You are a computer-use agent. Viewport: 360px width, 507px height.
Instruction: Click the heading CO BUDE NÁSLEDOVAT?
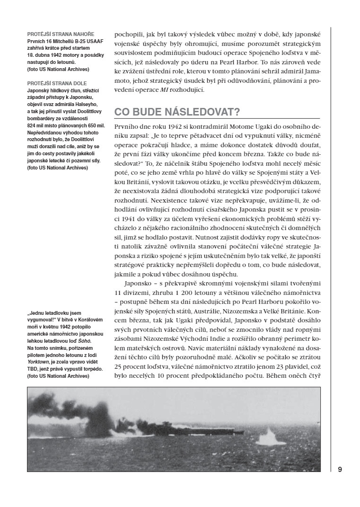177,112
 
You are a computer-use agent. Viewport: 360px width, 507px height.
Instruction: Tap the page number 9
340,469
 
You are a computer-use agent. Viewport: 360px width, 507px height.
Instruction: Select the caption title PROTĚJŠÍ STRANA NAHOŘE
61,35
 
